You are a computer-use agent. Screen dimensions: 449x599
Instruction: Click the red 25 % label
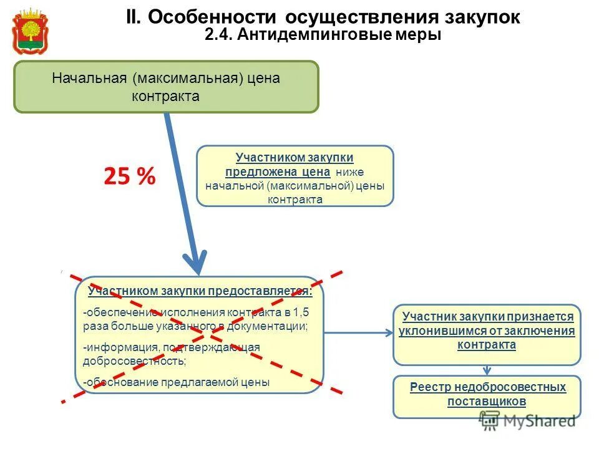pyautogui.click(x=129, y=177)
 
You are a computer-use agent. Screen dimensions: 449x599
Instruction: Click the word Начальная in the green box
pyautogui.click(x=89, y=79)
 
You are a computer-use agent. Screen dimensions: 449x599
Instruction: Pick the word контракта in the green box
pyautogui.click(x=165, y=96)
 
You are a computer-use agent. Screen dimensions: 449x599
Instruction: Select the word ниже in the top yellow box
pyautogui.click(x=345, y=171)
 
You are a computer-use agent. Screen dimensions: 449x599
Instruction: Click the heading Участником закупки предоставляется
pyautogui.click(x=200, y=291)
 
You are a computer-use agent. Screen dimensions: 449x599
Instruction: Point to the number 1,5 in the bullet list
pyautogui.click(x=300, y=312)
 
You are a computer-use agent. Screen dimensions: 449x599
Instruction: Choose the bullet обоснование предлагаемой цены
pyautogui.click(x=177, y=382)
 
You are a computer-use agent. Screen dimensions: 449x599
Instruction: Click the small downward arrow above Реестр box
pyautogui.click(x=487, y=369)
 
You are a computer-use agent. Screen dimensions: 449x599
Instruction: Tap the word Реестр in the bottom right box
pyautogui.click(x=430, y=387)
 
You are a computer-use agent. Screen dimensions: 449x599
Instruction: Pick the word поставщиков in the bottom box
pyautogui.click(x=487, y=401)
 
